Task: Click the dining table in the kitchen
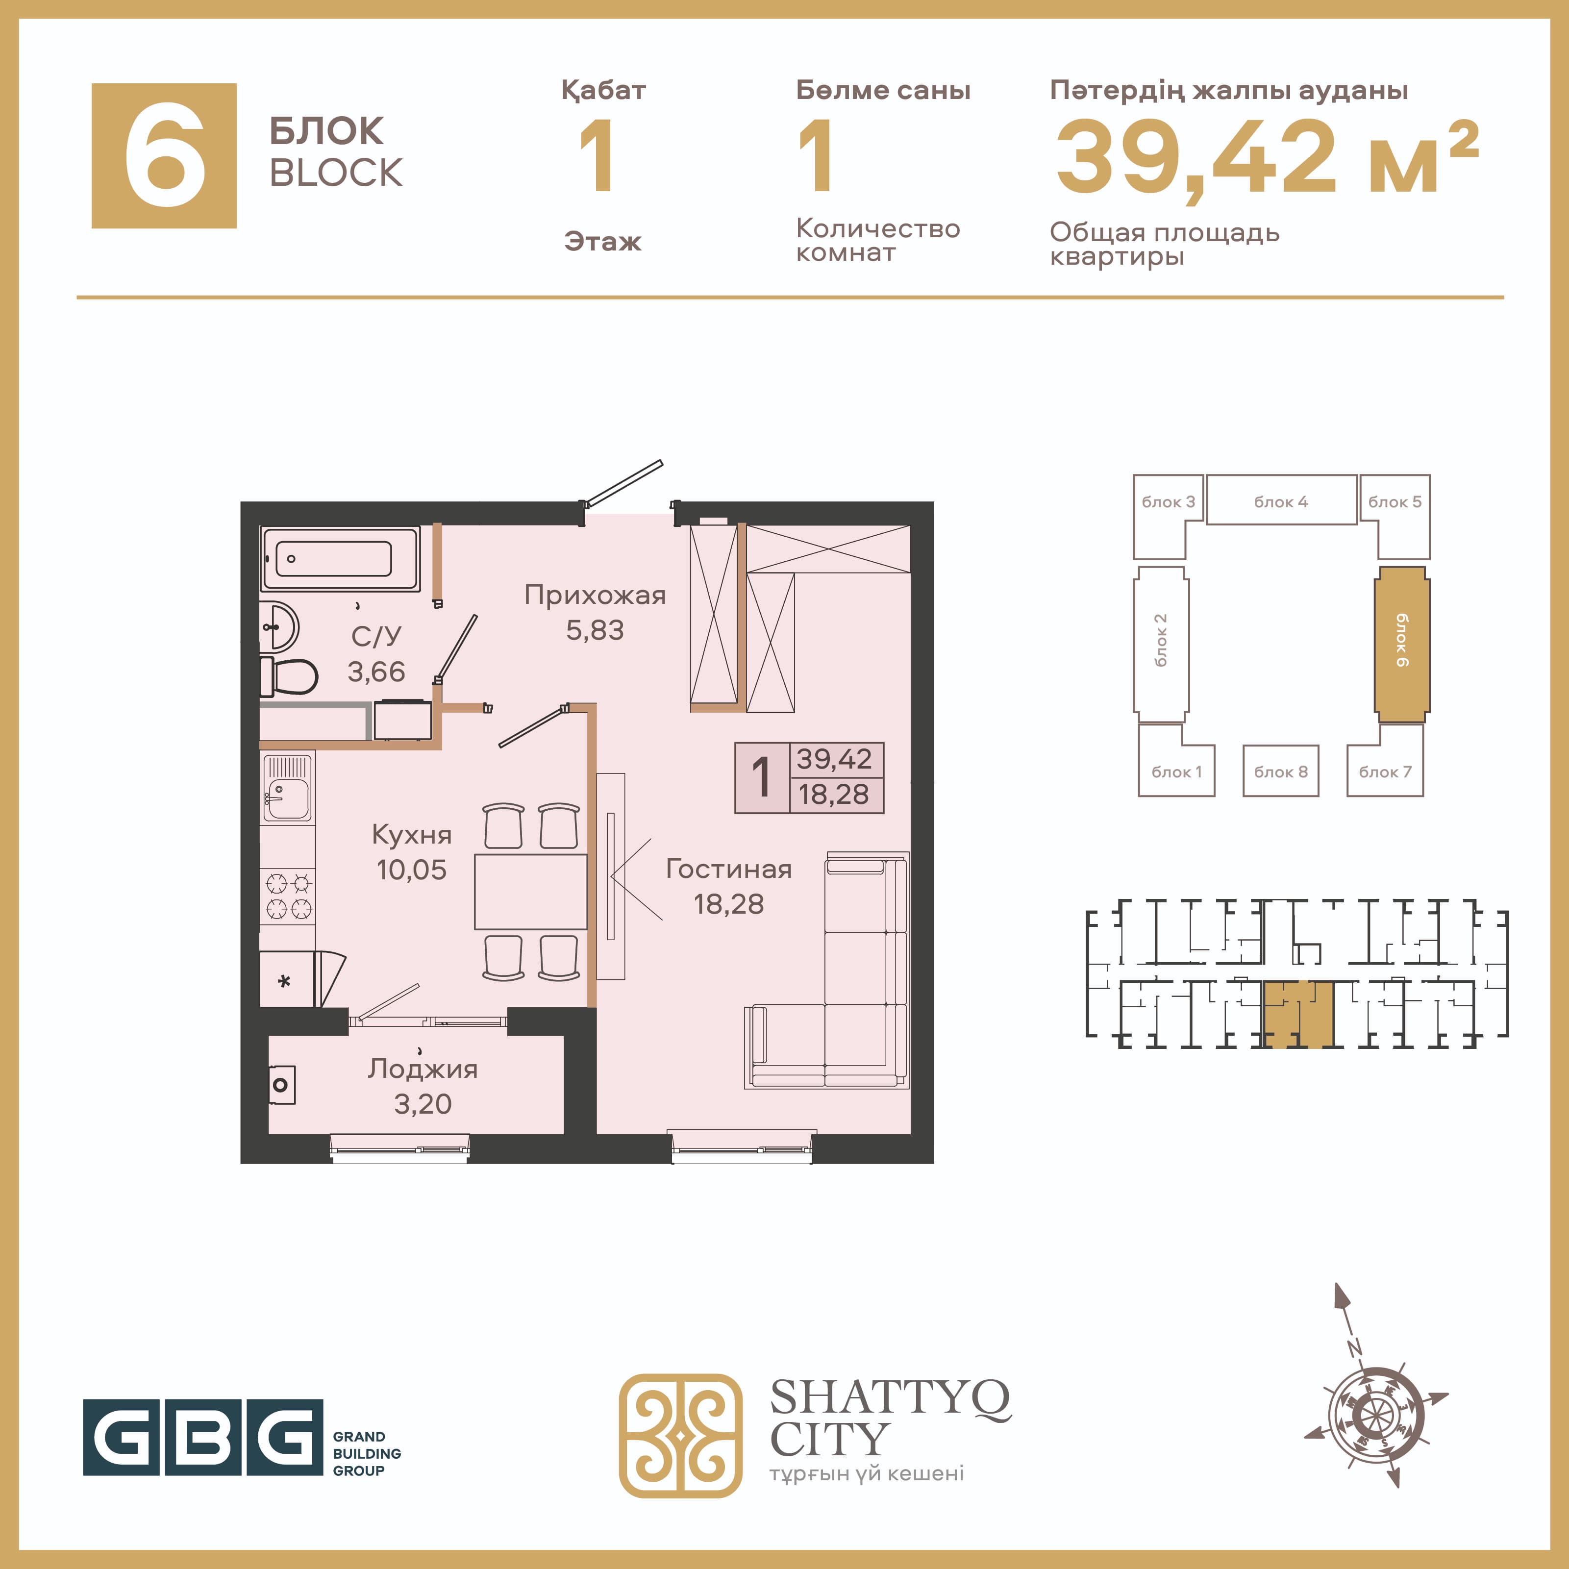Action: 530,891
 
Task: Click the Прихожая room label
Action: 595,595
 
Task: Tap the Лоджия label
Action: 423,1069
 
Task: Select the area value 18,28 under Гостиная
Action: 728,904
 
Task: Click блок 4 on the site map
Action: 1281,500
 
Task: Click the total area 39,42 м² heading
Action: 1267,157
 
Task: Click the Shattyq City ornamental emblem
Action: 680,1435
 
